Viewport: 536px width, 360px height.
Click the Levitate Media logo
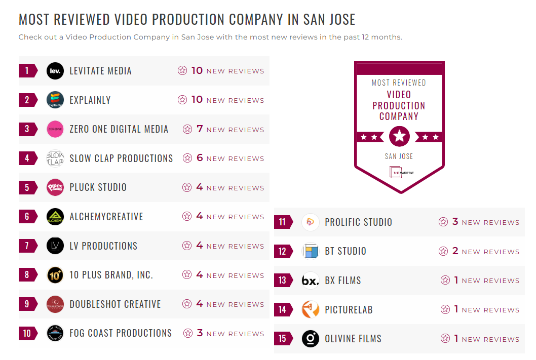coord(55,71)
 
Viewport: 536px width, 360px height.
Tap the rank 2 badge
coord(27,100)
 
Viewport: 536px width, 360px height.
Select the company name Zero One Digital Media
coord(119,129)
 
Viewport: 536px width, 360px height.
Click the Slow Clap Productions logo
coord(55,158)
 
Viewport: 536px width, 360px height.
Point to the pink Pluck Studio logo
coord(55,187)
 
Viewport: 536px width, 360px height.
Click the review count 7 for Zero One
coord(200,129)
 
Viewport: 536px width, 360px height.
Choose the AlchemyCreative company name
coord(106,217)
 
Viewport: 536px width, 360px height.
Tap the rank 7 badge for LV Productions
coord(27,246)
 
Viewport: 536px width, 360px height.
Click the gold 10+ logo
coord(55,275)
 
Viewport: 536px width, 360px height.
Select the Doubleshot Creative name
coord(115,304)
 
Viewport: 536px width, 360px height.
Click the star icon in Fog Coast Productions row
coord(188,333)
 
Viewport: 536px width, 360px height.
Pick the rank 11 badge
coord(283,222)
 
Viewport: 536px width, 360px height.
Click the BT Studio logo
coord(311,251)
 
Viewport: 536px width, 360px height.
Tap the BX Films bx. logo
coord(311,280)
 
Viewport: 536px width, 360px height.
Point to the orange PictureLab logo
coord(311,309)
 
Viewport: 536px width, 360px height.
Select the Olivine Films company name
coord(353,339)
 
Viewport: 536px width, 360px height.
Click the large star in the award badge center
coord(399,136)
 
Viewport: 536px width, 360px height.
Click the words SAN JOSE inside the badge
coord(399,156)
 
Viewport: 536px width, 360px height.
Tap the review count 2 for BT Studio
coord(455,251)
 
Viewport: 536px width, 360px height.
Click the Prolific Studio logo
coord(311,222)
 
